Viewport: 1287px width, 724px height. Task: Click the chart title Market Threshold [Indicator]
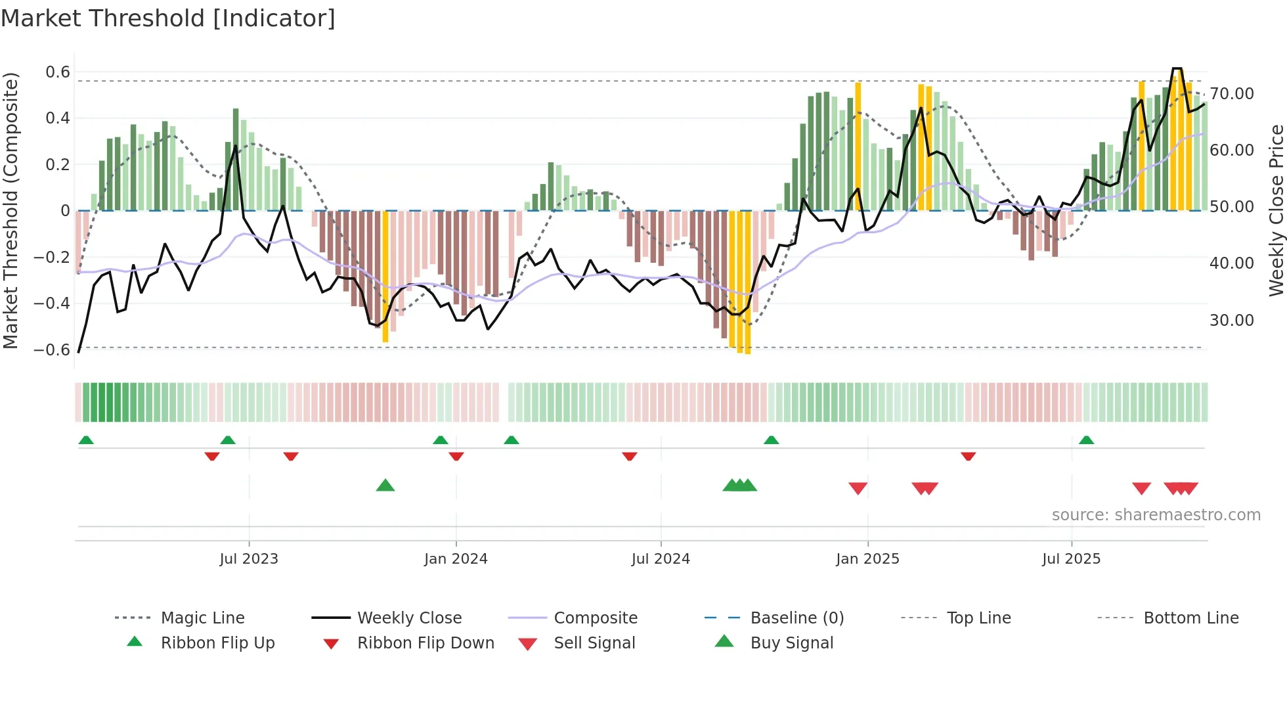[x=168, y=18]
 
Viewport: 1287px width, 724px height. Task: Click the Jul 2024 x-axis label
[x=661, y=559]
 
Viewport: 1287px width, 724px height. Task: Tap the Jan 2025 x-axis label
[x=867, y=559]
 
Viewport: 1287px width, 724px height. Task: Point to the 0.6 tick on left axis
[x=58, y=72]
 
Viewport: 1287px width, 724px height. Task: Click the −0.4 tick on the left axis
[x=52, y=304]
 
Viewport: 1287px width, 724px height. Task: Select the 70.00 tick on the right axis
[x=1232, y=94]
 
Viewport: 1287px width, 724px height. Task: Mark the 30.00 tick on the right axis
[x=1232, y=321]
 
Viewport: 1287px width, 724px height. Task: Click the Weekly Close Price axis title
[x=1276, y=210]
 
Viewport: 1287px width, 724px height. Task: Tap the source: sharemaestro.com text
[x=1156, y=515]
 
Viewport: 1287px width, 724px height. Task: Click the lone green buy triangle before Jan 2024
[x=385, y=486]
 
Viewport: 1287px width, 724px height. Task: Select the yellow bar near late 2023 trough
[x=385, y=276]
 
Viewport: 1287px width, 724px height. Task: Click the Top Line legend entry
[x=978, y=618]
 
